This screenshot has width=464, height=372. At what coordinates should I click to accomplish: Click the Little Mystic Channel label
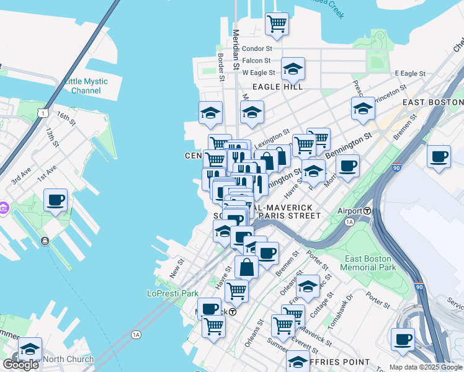[86, 86]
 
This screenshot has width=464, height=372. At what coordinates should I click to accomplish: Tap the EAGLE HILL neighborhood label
[277, 87]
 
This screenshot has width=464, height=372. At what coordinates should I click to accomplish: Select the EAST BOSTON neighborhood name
[432, 102]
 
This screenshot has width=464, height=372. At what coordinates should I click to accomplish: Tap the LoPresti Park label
[172, 293]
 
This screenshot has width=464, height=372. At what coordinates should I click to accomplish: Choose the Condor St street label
[257, 48]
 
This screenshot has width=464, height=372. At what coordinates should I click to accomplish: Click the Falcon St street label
[256, 61]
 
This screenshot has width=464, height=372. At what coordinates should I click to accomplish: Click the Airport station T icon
[367, 211]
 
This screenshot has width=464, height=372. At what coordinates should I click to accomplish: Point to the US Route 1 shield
[42, 112]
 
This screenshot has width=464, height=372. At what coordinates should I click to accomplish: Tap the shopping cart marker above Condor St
[277, 24]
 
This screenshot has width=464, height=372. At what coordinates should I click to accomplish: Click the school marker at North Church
[30, 350]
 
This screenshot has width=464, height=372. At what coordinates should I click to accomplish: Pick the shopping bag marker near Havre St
[246, 267]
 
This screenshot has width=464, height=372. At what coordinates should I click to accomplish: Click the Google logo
[20, 364]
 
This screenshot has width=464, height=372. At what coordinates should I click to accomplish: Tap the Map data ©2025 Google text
[426, 367]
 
